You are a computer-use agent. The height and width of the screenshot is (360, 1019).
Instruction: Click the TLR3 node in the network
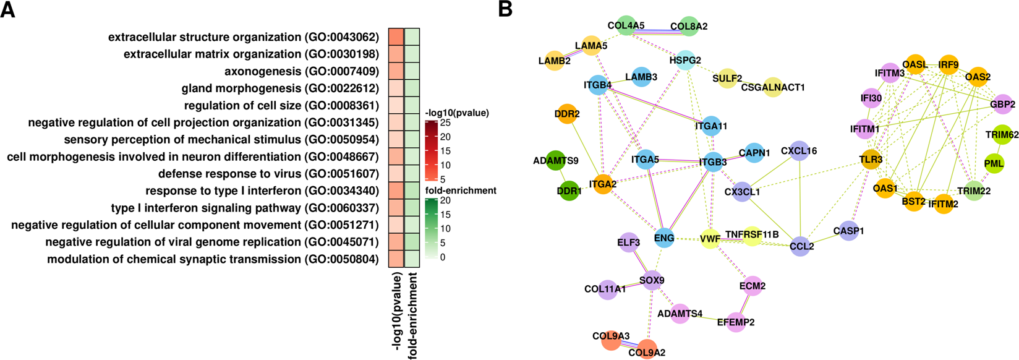871,159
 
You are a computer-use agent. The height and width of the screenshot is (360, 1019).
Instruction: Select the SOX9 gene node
652,280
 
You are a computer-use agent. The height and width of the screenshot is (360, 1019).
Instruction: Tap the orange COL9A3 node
612,340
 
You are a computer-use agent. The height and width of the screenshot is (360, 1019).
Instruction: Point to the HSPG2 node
685,60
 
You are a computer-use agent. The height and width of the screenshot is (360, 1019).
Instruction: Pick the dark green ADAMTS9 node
556,161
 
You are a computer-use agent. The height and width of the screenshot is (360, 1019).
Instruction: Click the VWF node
710,239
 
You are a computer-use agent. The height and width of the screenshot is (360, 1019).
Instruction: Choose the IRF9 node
948,65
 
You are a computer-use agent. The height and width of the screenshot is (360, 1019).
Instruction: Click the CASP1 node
848,231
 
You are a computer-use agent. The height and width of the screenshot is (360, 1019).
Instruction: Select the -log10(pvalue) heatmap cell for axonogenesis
396,71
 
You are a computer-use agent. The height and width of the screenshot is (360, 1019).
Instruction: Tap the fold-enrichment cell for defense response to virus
412,174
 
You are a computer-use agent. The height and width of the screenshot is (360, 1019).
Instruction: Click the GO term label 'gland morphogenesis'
280,88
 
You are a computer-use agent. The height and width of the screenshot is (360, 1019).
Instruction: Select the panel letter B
505,9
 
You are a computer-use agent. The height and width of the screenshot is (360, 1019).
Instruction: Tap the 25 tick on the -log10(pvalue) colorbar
445,123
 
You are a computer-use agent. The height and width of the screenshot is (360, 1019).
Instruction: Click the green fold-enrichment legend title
461,191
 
